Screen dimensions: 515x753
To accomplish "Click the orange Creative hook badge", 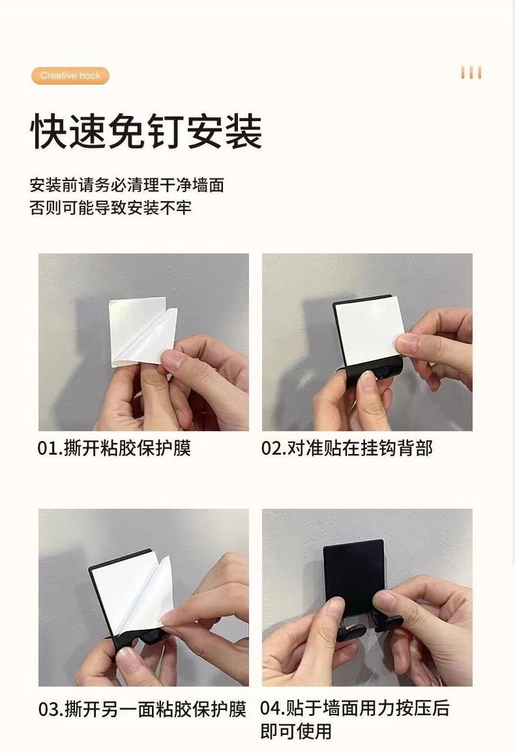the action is (x=70, y=76).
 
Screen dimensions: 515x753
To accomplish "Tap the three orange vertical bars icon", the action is (x=471, y=72).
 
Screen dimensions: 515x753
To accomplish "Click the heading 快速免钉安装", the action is (x=147, y=132).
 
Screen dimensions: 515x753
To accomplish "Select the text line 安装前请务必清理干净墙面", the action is (x=127, y=186).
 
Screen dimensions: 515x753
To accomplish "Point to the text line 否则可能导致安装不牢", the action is (x=110, y=208).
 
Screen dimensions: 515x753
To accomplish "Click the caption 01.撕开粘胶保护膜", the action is (x=114, y=448).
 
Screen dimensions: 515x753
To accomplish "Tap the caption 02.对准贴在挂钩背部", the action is (x=347, y=448).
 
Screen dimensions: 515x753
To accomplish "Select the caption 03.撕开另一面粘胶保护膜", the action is (x=142, y=709).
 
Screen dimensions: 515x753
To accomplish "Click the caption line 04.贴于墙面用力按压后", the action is (x=355, y=708).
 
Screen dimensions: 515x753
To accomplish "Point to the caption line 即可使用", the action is (x=296, y=732).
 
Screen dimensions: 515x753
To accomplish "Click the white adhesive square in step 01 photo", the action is (x=137, y=332).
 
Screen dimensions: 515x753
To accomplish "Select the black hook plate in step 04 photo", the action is (x=353, y=576).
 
